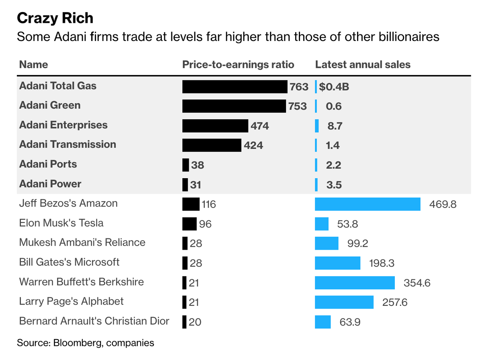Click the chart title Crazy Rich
point(55,18)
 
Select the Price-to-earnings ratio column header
point(238,65)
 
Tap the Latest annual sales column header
point(363,65)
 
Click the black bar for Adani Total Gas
point(235,86)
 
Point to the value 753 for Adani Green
point(297,106)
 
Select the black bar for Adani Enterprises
point(215,126)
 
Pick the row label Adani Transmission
point(67,144)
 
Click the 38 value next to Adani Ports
point(198,165)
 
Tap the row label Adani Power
point(50,184)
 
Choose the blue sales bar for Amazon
point(368,204)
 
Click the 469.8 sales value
point(443,205)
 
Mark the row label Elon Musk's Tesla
point(61,223)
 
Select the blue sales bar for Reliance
point(327,243)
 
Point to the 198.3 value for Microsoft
point(382,263)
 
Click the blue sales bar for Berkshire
point(355,283)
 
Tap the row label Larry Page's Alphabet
point(71,301)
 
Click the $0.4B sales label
point(334,86)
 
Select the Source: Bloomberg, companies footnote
point(86,343)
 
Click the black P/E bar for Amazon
point(191,204)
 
